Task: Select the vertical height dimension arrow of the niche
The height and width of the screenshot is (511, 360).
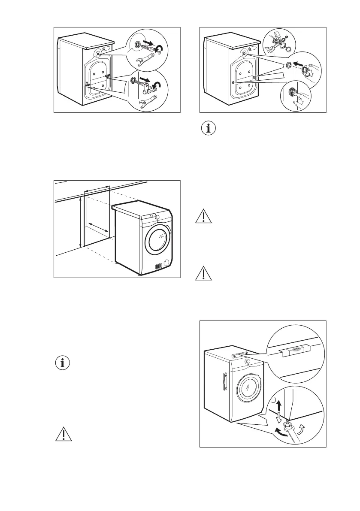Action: (81, 223)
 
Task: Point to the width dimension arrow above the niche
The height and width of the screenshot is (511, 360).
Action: (97, 188)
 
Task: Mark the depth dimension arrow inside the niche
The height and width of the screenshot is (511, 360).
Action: (98, 230)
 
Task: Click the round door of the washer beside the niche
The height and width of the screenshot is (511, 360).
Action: (157, 240)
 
